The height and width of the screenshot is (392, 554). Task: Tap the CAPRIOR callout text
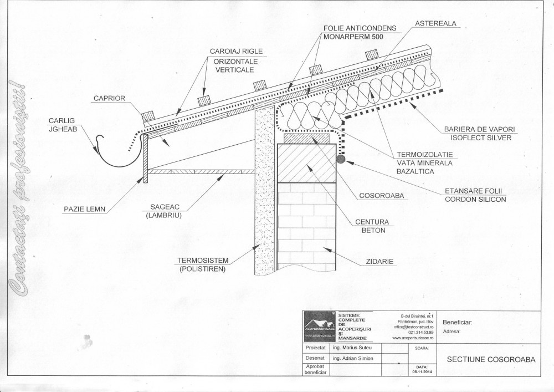[109, 98]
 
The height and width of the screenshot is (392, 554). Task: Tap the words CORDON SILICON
[475, 200]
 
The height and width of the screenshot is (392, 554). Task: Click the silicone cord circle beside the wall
[340, 160]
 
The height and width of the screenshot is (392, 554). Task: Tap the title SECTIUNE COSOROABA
[491, 359]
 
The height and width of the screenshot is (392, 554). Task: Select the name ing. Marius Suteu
[353, 348]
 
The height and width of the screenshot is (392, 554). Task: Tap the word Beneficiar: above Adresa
[458, 322]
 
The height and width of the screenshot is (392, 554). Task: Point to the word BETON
[373, 230]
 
